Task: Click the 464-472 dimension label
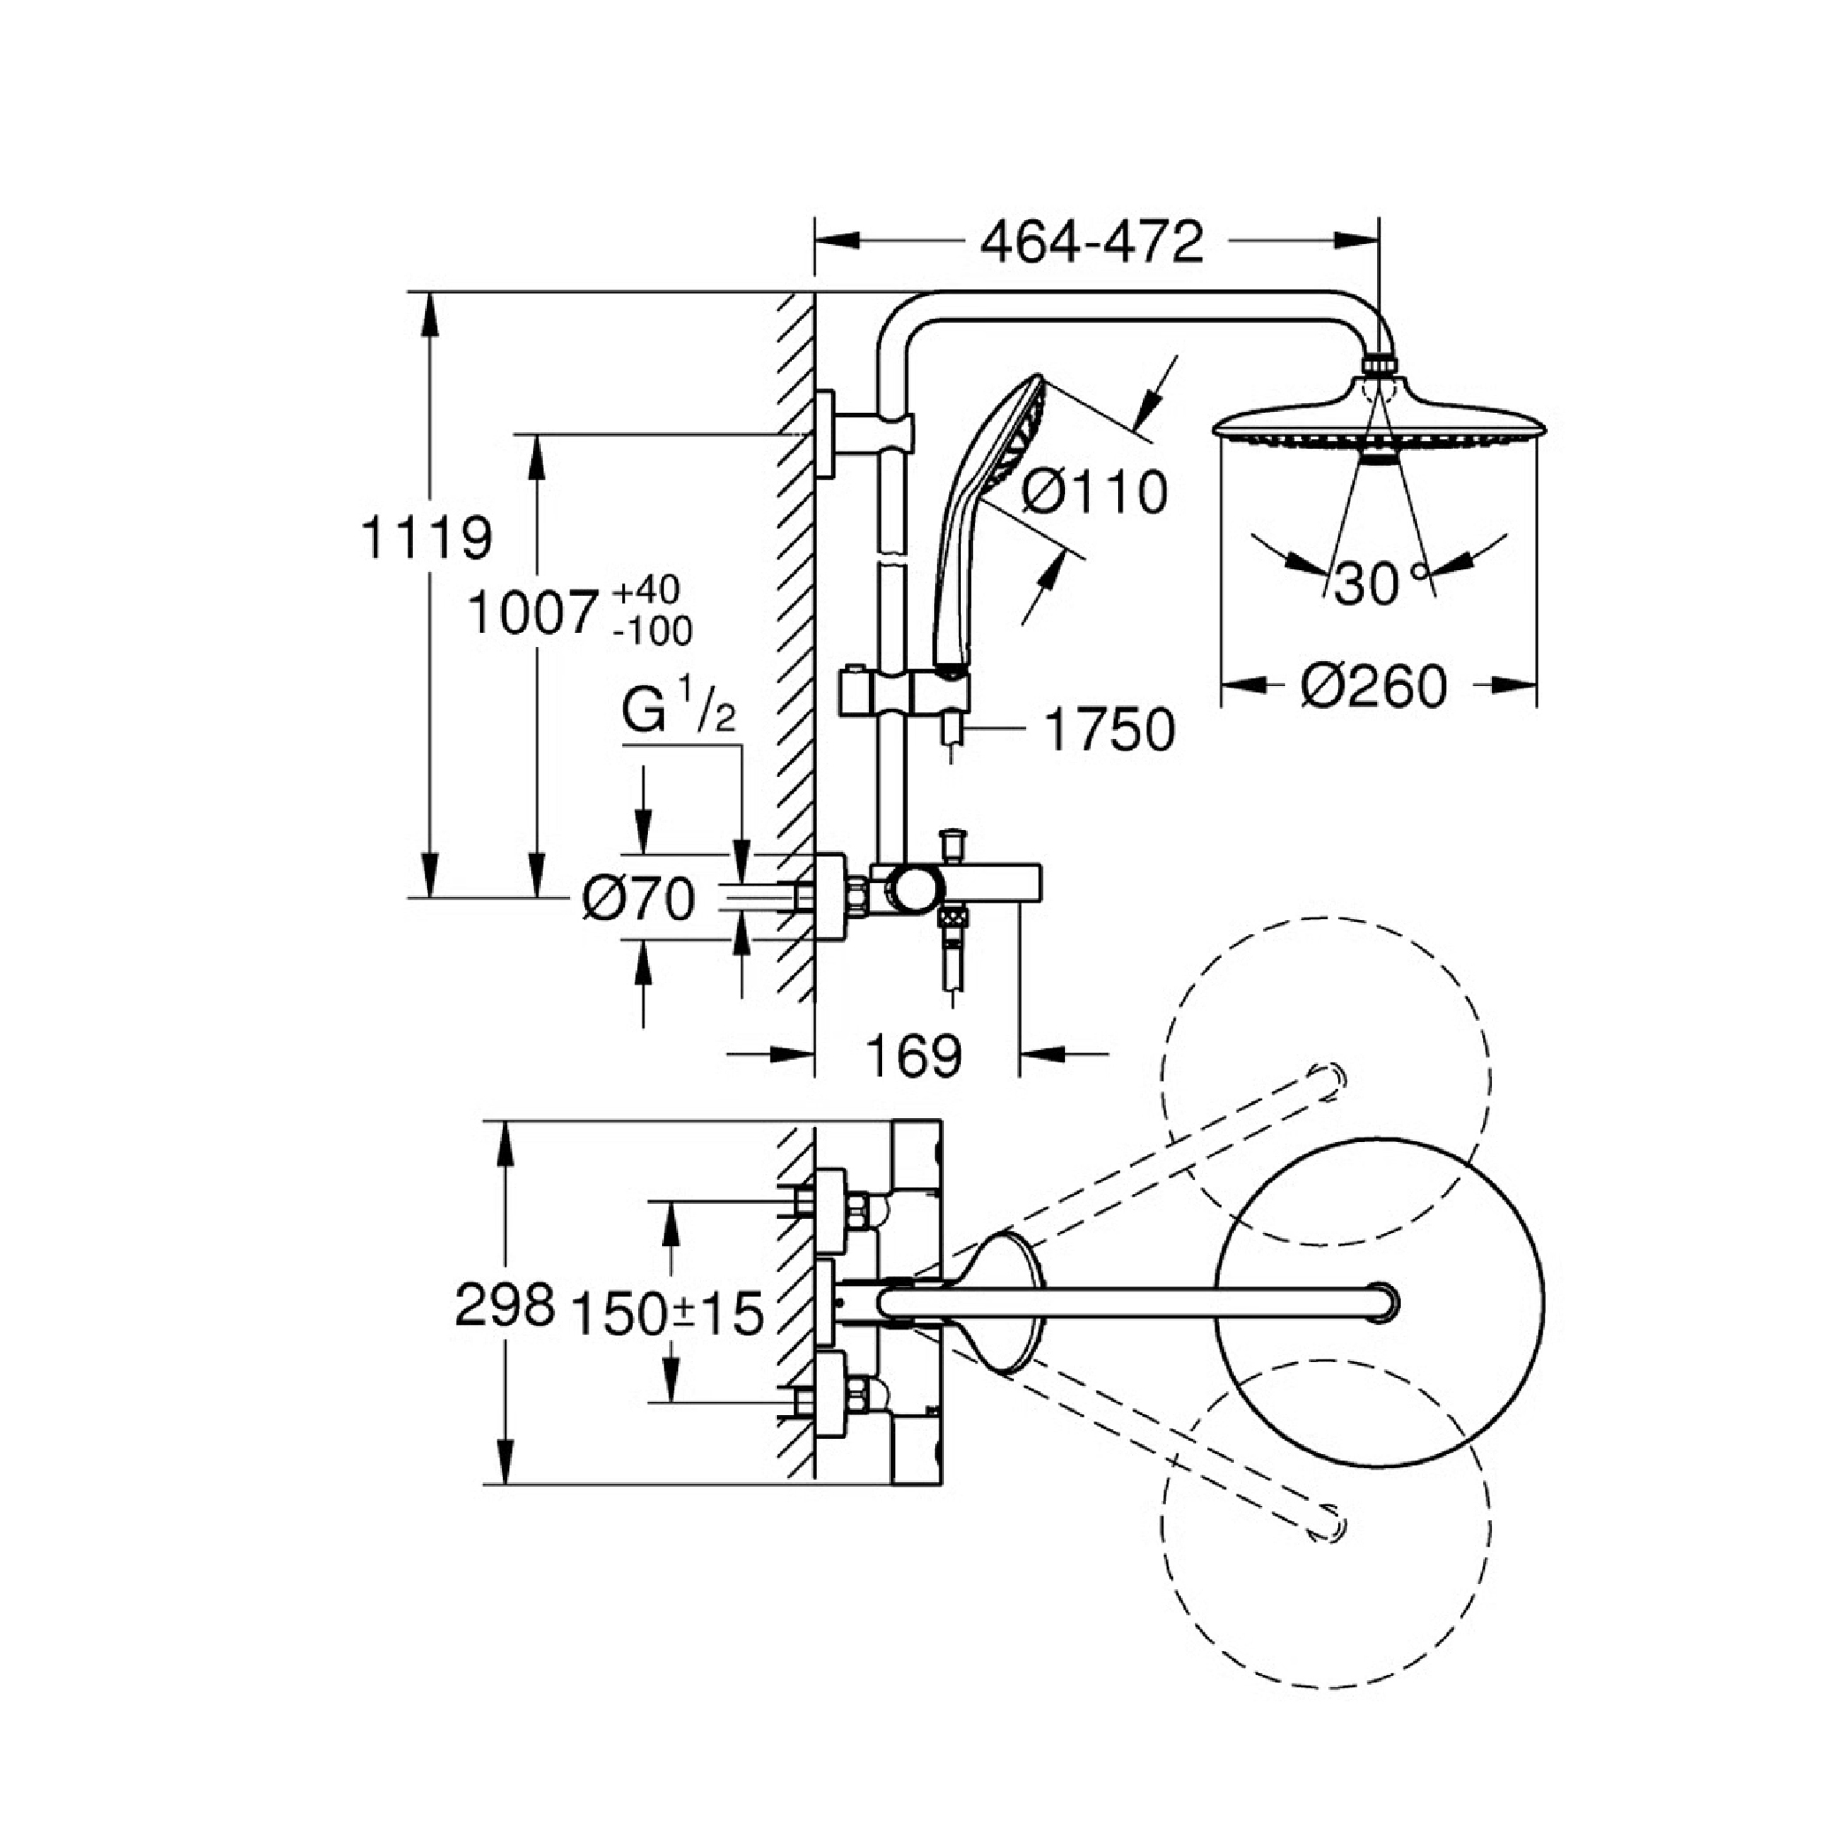pyautogui.click(x=1092, y=243)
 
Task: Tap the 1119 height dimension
pyautogui.click(x=426, y=537)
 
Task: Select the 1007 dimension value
pyautogui.click(x=533, y=613)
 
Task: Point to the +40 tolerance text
pyautogui.click(x=645, y=590)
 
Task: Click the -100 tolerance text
pyautogui.click(x=653, y=631)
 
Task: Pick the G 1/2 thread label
pyautogui.click(x=679, y=711)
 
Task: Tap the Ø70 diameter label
pyautogui.click(x=639, y=898)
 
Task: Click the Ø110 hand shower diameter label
pyautogui.click(x=1094, y=493)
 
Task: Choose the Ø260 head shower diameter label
pyautogui.click(x=1374, y=687)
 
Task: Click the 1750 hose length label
pyautogui.click(x=1110, y=730)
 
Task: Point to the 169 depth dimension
pyautogui.click(x=914, y=1055)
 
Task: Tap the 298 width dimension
pyautogui.click(x=505, y=1305)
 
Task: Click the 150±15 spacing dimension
pyautogui.click(x=667, y=1313)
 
